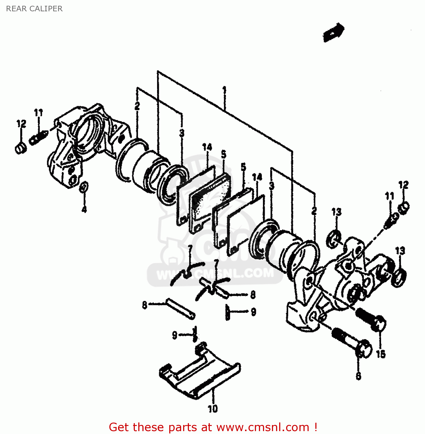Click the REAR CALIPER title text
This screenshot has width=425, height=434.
point(34,9)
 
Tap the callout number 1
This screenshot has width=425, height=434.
point(224,90)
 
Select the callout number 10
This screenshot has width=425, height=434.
point(213,409)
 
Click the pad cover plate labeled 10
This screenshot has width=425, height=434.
point(200,373)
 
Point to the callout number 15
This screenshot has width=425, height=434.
point(381,354)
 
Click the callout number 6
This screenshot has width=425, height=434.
point(358,376)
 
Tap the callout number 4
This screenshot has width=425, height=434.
point(84,209)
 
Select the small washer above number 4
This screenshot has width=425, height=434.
point(84,187)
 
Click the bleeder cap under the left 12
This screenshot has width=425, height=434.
point(20,149)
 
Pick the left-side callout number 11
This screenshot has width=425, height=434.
point(38,113)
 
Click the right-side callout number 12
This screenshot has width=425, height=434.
point(403,185)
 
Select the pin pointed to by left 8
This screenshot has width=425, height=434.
point(180,309)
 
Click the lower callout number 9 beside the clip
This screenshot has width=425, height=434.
point(174,335)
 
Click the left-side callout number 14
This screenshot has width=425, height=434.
point(207,147)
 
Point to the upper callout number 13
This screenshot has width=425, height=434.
point(336,212)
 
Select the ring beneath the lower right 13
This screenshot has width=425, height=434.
point(399,277)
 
